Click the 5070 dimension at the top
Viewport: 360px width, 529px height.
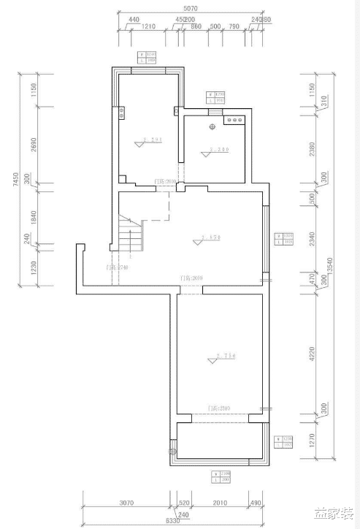[x=191, y=8]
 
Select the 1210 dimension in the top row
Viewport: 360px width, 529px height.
[x=149, y=26]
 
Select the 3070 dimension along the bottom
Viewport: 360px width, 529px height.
[x=126, y=503]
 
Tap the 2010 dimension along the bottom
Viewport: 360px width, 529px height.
[x=220, y=503]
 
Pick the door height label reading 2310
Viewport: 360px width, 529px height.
[x=218, y=408]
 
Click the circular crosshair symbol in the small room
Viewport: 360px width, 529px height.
[x=212, y=128]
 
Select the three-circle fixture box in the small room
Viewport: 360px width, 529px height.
[x=235, y=120]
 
